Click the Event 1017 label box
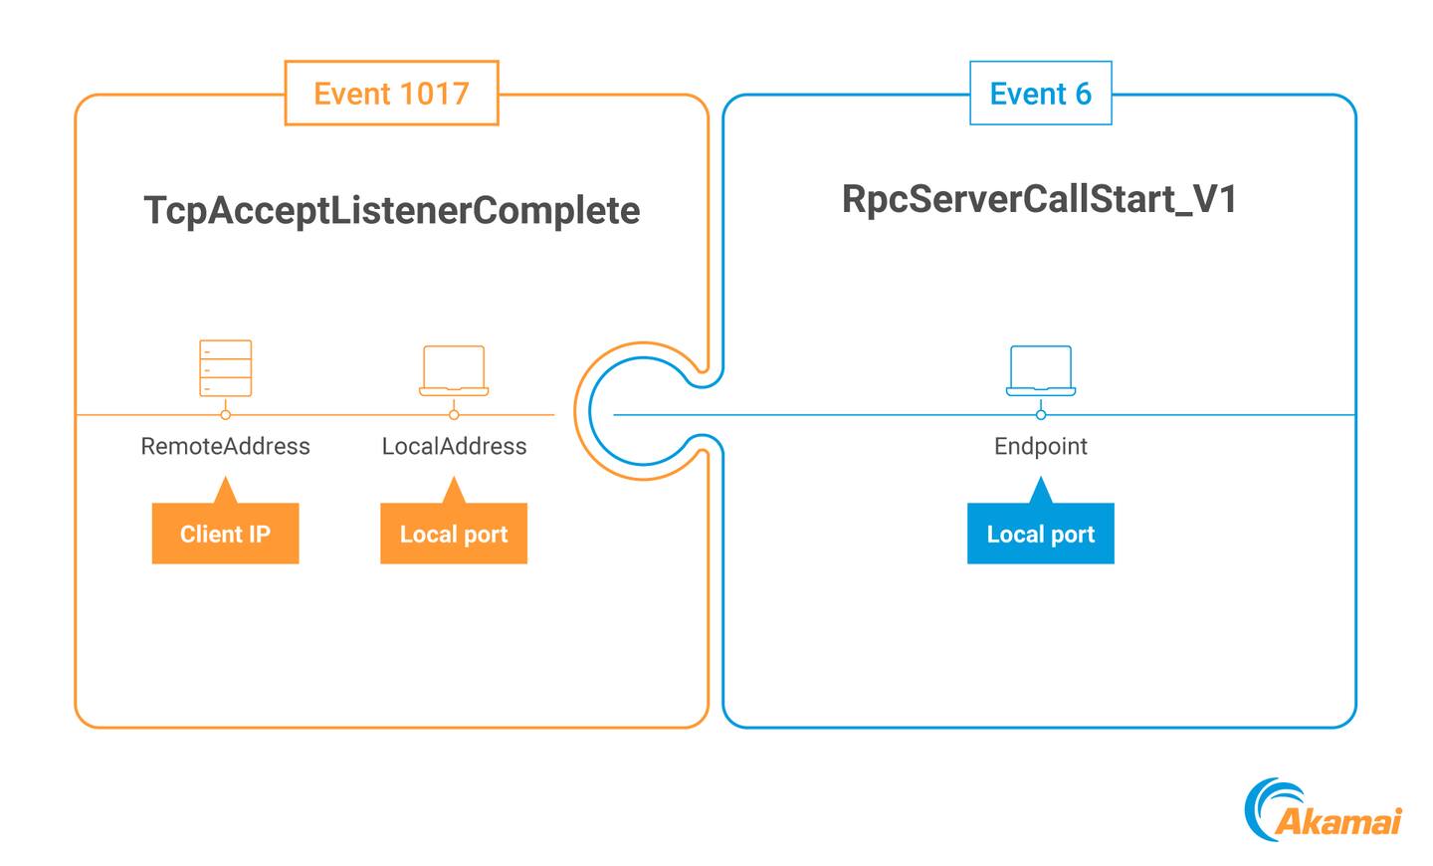(391, 94)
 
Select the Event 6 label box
(1040, 94)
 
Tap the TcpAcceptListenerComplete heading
(392, 210)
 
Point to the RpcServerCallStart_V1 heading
(1040, 199)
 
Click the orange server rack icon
(226, 368)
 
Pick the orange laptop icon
(454, 370)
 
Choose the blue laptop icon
(1041, 370)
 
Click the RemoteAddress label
(226, 446)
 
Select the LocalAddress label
(454, 446)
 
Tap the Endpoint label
(1041, 446)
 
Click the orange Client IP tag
(226, 534)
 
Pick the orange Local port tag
(454, 534)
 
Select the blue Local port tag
(1041, 534)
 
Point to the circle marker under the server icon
(226, 414)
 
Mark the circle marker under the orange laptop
(454, 414)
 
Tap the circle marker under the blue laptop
(1041, 414)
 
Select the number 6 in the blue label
(1083, 94)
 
